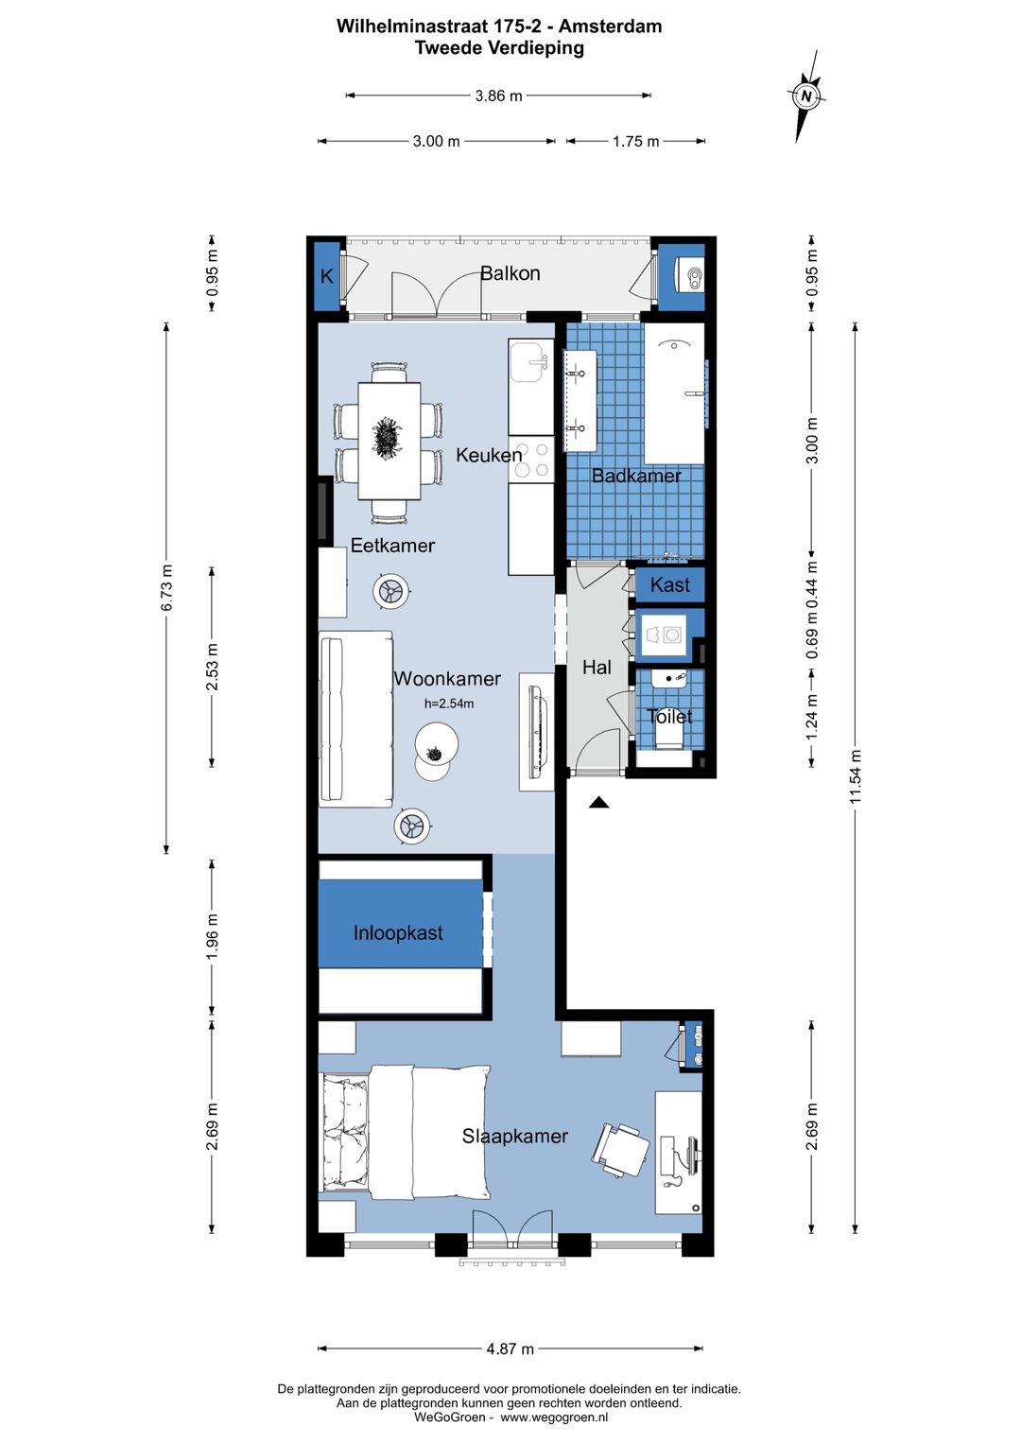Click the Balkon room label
[x=510, y=273]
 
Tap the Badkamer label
[x=636, y=476]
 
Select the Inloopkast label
[x=397, y=932]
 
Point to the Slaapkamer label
[x=514, y=1136]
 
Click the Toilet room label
[x=669, y=717]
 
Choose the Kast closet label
[x=670, y=585]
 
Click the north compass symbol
[x=805, y=96]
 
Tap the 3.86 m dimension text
[x=498, y=96]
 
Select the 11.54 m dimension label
[x=856, y=776]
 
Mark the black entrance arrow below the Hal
[x=599, y=802]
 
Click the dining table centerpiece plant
[x=389, y=438]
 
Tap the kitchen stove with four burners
[x=531, y=459]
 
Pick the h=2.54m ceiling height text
[x=449, y=704]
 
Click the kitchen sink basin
[x=528, y=362]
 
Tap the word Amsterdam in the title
[x=610, y=26]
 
